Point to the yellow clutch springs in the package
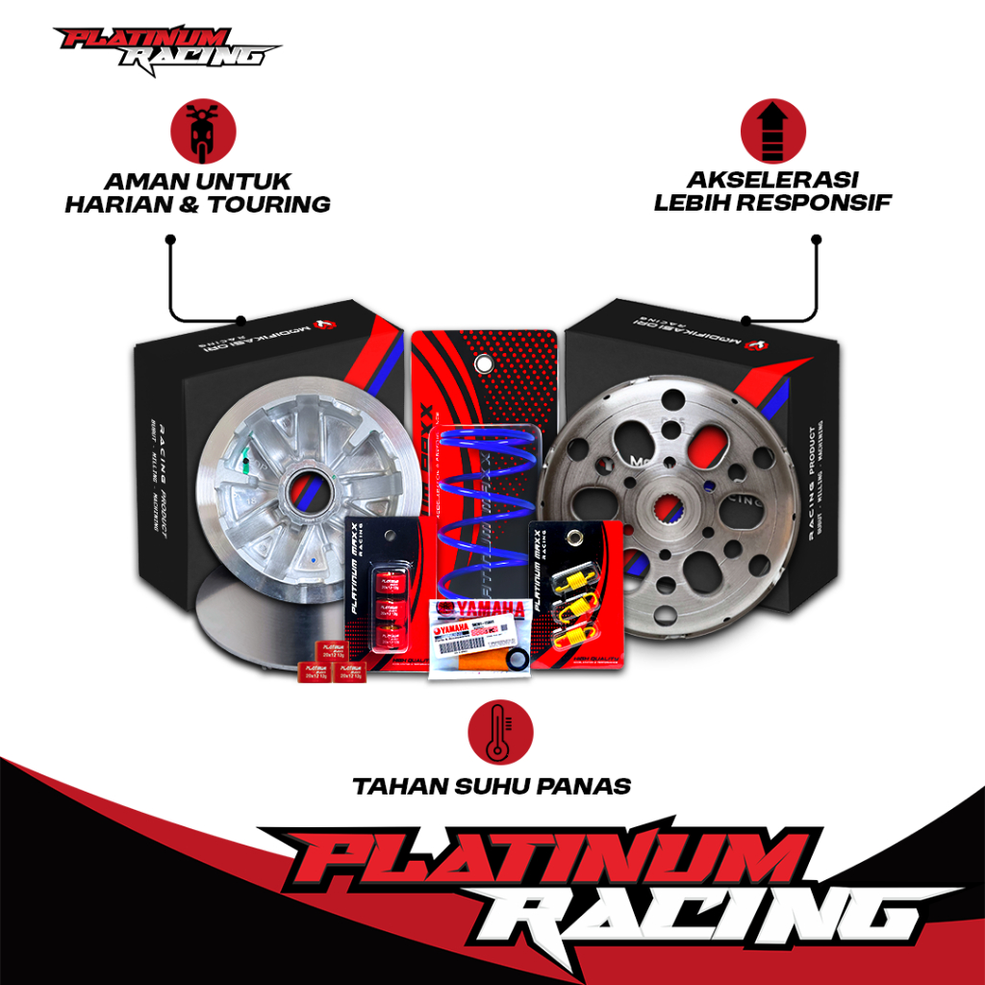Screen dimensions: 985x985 573,602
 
